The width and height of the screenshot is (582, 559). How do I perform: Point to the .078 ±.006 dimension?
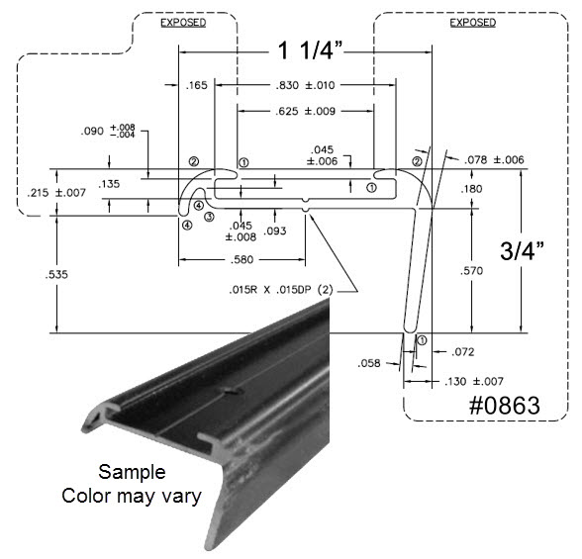(494, 160)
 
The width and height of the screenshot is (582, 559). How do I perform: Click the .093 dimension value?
(275, 231)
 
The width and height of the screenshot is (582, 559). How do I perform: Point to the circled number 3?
(209, 216)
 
